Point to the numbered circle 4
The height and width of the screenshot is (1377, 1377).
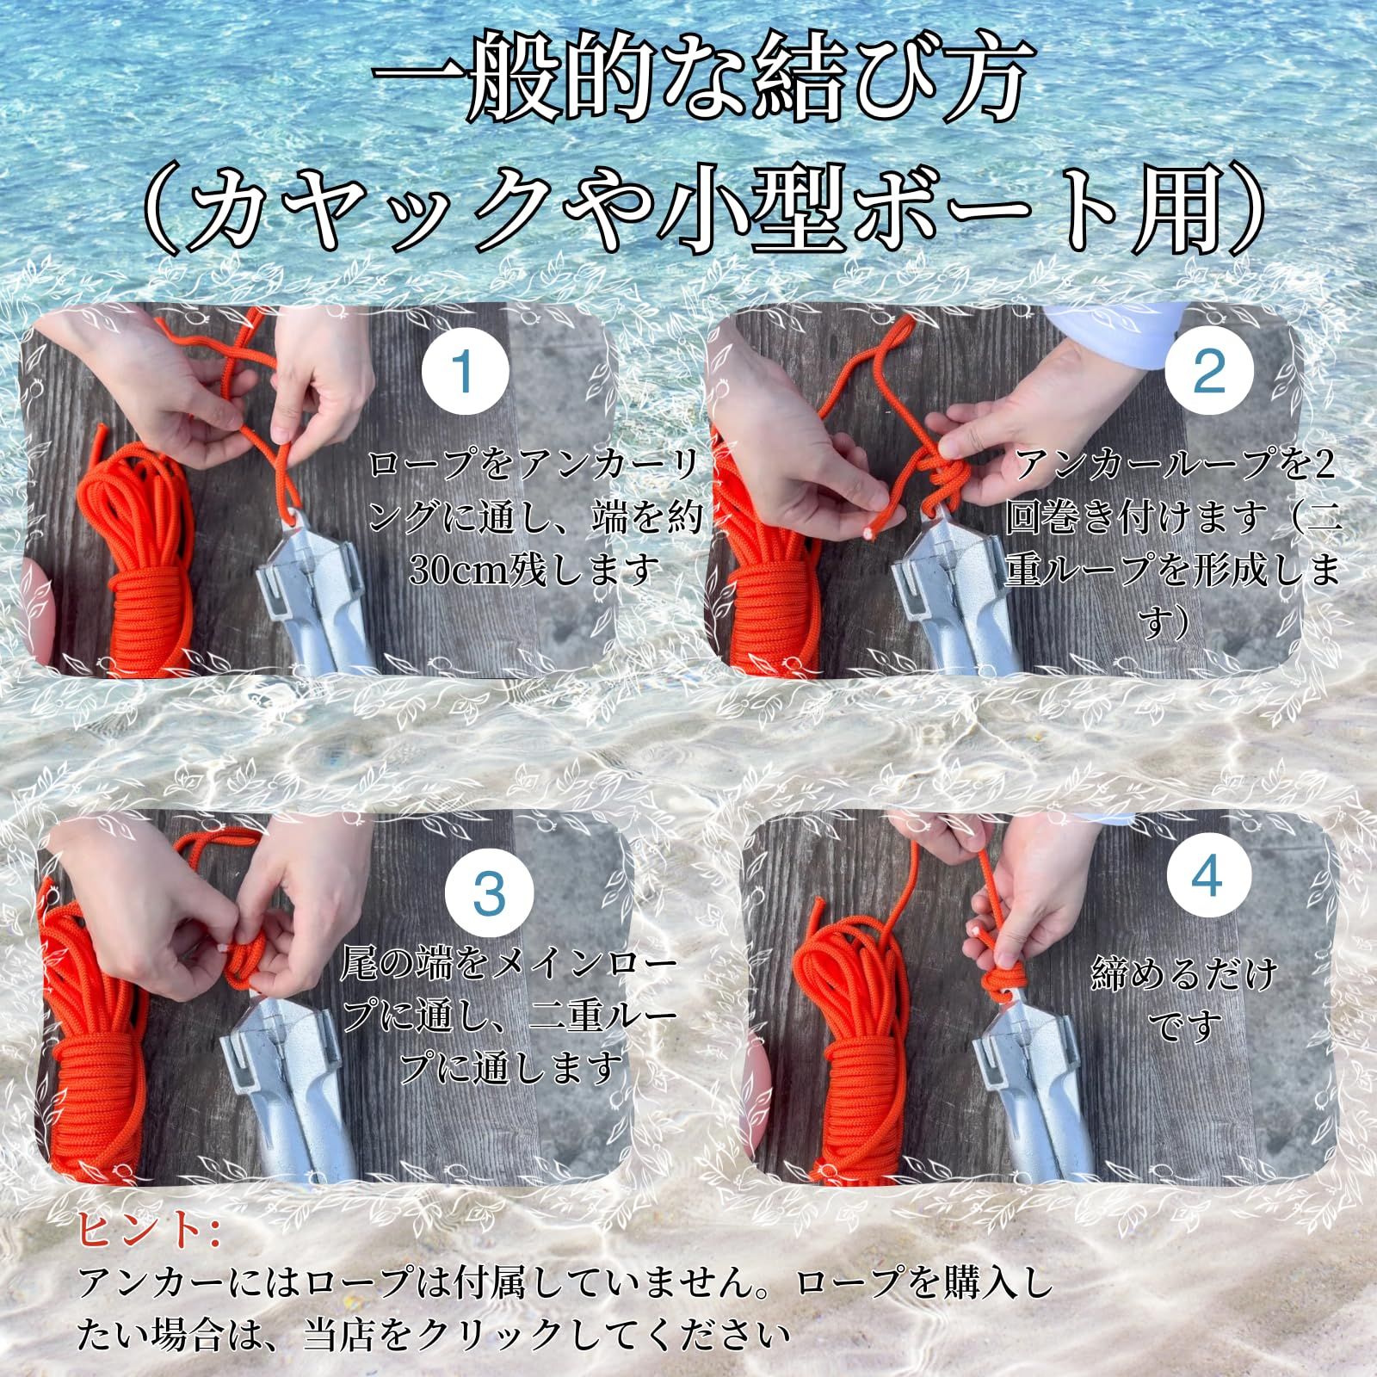point(1208,879)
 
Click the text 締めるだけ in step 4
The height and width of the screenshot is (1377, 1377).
point(1184,975)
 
